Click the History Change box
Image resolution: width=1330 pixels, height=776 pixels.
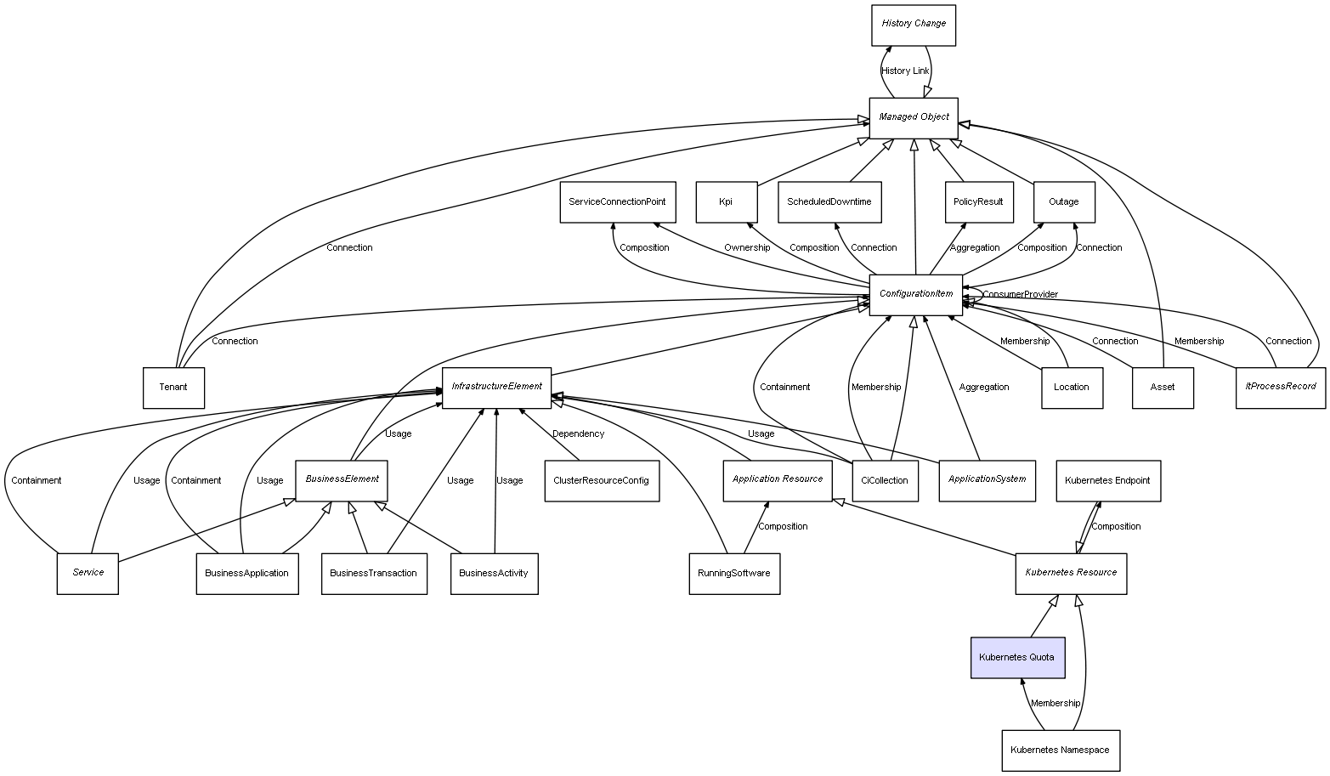coord(914,25)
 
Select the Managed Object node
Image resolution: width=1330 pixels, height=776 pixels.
coord(914,117)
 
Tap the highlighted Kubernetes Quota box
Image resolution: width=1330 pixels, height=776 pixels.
coord(1017,658)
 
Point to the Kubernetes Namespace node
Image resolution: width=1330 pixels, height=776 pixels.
coord(1060,751)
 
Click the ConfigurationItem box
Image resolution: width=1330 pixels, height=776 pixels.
coord(915,294)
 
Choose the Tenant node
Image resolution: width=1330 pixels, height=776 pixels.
coord(173,388)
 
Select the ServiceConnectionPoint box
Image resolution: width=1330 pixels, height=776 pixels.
coord(617,202)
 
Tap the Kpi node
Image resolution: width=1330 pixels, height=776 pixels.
coord(726,202)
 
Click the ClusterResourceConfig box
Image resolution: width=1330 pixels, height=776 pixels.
coord(601,481)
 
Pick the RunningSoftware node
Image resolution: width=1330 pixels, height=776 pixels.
coord(733,574)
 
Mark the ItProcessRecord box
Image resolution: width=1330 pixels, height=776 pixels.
coord(1280,387)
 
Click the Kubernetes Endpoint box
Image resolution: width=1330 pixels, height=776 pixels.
coord(1107,481)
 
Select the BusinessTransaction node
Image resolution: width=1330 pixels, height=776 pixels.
coord(373,574)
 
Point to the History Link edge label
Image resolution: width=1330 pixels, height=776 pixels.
coord(905,71)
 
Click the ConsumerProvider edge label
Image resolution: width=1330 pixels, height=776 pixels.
coord(1020,295)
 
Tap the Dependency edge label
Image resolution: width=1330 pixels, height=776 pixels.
coord(578,434)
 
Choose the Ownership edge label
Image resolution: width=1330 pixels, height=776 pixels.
coord(747,248)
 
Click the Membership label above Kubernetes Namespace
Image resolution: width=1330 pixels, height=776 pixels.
coord(1055,704)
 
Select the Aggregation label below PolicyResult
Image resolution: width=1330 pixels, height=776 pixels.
coord(974,248)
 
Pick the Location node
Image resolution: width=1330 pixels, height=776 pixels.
coord(1071,388)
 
